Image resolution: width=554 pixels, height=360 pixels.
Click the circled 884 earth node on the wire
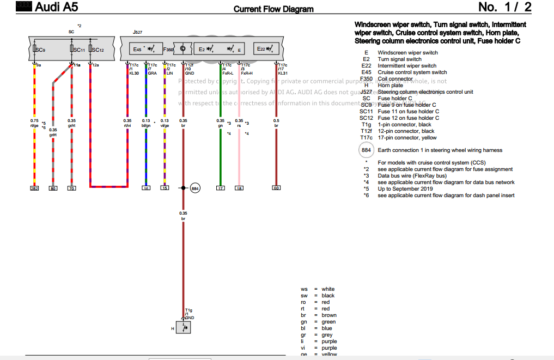tap(195, 188)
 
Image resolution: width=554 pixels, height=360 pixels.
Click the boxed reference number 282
tap(34, 188)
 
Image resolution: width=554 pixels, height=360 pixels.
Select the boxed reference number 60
tap(276, 188)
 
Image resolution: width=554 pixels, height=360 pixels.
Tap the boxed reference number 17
tap(220, 188)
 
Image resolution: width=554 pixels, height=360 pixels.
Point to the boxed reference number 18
tap(239, 188)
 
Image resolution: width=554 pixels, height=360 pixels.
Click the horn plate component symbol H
tap(184, 327)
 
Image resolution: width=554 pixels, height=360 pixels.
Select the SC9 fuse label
tap(40, 50)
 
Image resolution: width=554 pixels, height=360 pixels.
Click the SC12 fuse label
tap(97, 50)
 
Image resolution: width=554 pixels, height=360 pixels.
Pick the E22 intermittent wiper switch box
tap(268, 50)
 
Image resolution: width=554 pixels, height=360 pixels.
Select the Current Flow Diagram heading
tap(273, 9)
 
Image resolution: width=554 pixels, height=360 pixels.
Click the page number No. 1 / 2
tap(504, 7)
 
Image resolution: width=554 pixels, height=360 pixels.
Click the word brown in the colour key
tap(329, 315)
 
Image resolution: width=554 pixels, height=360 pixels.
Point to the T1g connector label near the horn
tap(188, 310)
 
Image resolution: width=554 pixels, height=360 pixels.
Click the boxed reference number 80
tap(53, 188)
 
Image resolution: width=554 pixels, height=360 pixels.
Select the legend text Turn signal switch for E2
tap(399, 59)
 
